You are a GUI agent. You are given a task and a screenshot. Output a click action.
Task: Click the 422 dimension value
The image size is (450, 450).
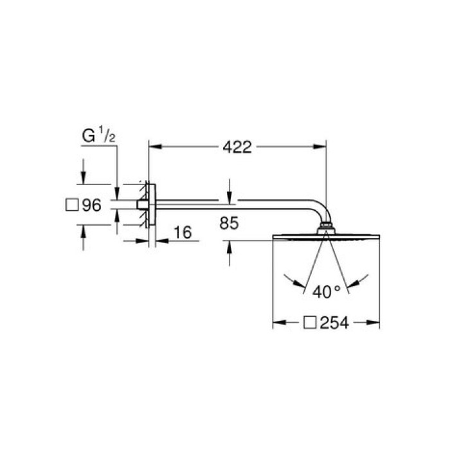tap(237, 148)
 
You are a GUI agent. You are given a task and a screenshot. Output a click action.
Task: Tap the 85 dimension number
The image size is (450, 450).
tap(229, 224)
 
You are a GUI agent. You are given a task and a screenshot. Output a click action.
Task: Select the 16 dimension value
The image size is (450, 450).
tap(183, 232)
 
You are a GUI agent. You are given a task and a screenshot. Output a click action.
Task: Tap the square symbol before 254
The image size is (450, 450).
tap(310, 323)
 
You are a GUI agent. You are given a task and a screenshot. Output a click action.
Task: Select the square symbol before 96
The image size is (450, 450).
tap(73, 206)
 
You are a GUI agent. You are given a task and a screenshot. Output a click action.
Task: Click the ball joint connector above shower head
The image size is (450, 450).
tap(326, 227)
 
